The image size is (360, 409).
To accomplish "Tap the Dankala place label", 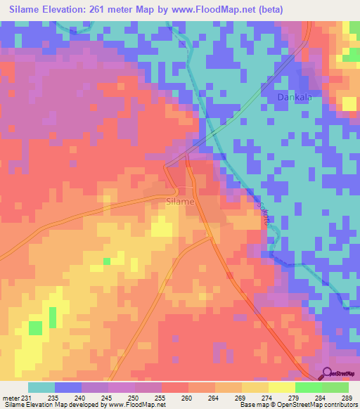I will [294, 98].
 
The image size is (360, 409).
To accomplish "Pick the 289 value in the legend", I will [347, 397].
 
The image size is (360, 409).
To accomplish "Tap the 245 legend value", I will [106, 397].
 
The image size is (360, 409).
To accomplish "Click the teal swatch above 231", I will [41, 387].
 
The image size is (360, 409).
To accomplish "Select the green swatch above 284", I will [308, 387].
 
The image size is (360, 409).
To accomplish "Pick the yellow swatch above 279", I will [281, 387].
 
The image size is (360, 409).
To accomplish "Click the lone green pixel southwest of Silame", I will [107, 261].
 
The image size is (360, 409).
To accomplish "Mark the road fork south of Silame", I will [210, 238].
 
